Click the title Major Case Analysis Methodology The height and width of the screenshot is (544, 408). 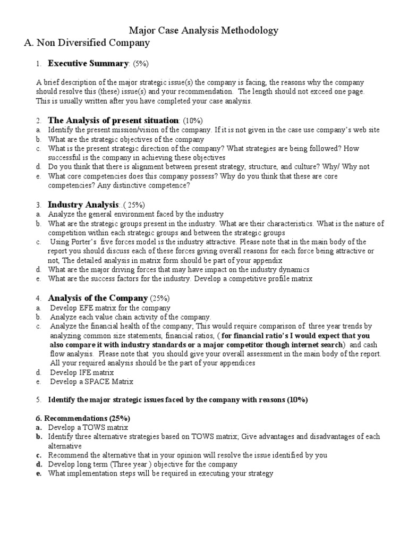coord(204,31)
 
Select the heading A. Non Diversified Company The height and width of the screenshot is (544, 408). coord(87,43)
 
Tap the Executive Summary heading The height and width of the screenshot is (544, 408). coord(88,64)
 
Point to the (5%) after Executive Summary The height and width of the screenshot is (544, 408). coord(140,64)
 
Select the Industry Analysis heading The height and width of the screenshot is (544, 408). coord(83,205)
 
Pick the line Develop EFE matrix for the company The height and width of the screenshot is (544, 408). coord(110,308)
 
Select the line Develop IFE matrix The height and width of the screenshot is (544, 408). coord(82,372)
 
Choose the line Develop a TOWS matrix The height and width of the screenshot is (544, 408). coord(88,427)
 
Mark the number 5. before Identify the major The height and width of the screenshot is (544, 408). coord(39,399)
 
